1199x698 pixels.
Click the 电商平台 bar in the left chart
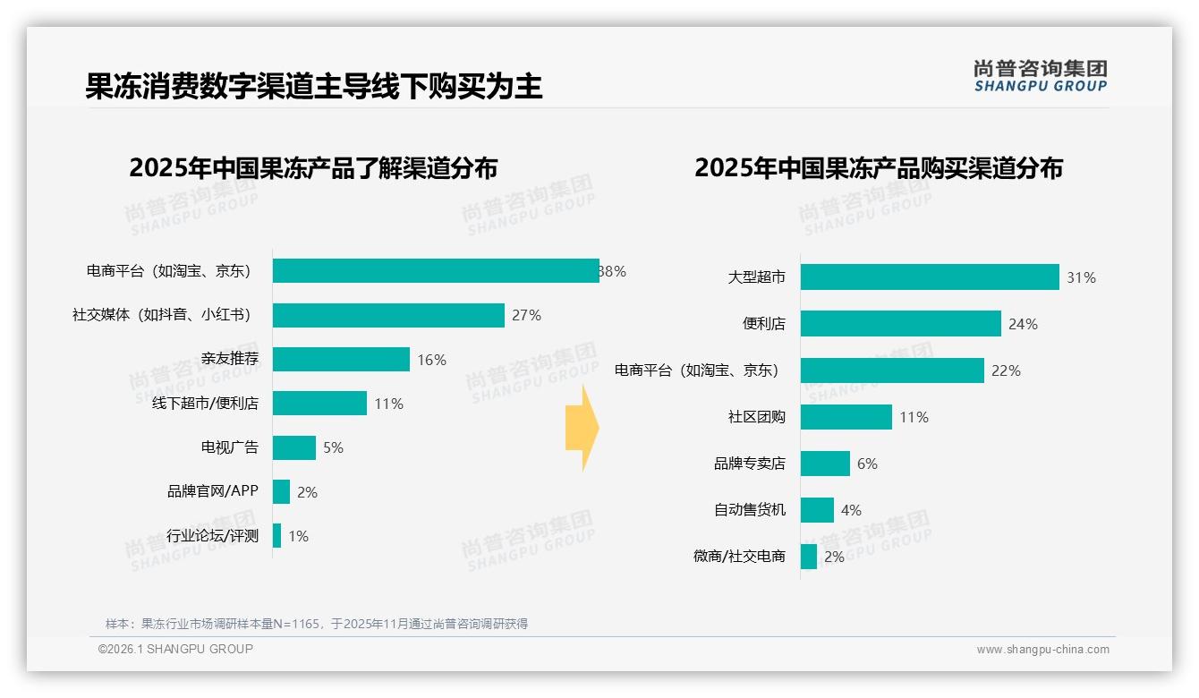436,271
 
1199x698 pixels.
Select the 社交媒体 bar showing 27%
388,315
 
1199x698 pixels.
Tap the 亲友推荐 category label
230,360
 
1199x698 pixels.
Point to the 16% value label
431,360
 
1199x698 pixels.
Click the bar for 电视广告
294,447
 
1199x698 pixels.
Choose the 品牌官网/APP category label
212,491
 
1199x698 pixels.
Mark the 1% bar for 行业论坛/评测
277,536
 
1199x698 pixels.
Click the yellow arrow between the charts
582,429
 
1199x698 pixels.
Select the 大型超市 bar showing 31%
930,277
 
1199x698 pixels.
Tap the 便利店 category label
764,324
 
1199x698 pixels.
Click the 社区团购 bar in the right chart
846,417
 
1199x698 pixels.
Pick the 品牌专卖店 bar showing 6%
825,464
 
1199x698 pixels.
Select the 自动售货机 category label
750,510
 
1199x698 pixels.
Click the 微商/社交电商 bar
809,557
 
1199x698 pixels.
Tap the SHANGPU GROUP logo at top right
1041,76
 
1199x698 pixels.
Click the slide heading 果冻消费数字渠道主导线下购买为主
314,87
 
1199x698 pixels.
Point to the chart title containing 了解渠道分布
313,168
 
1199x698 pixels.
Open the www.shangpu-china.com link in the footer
1042,650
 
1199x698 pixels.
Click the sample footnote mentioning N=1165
317,624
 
